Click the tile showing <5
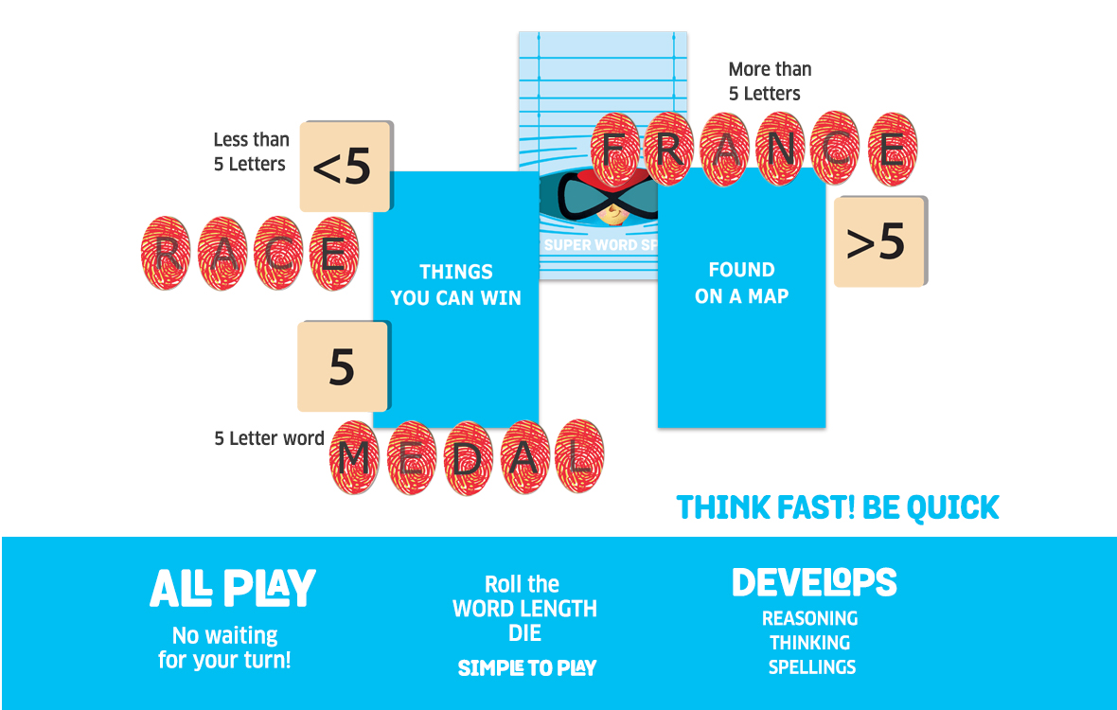coord(346,167)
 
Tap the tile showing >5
coord(880,241)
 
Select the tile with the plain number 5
coord(344,366)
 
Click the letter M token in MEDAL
coord(354,457)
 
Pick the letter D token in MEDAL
coord(468,458)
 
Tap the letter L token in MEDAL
coord(579,456)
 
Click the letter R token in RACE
coord(166,254)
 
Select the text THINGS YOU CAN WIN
coord(456,285)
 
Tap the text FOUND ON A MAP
coord(741,283)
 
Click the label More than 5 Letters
coord(770,81)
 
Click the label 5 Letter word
coord(269,438)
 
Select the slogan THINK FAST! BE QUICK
coord(838,507)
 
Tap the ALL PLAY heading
coord(232,588)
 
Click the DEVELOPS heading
coord(814,582)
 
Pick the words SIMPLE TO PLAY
coord(527,668)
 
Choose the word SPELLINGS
coord(812,667)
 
